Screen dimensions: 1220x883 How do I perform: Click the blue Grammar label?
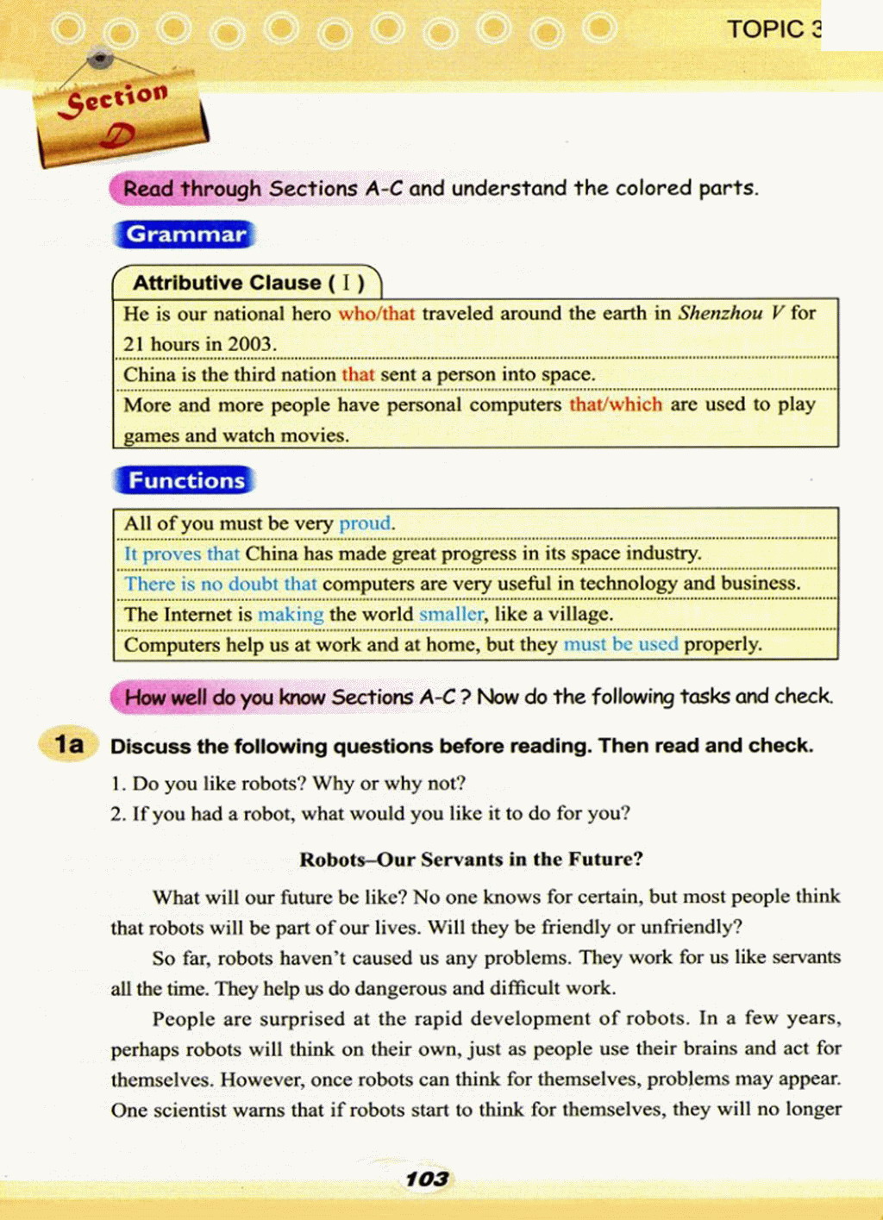click(x=185, y=235)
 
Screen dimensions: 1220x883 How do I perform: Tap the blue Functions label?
click(x=185, y=480)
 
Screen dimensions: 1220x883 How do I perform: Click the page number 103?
click(x=427, y=1179)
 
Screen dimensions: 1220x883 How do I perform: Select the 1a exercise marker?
click(x=69, y=744)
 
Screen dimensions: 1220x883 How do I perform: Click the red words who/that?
click(x=377, y=314)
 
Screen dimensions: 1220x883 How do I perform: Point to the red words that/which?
click(x=616, y=404)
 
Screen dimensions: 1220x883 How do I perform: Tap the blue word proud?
click(x=366, y=523)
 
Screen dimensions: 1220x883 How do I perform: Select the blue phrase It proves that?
click(x=182, y=554)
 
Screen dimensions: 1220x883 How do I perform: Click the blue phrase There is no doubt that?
click(x=221, y=584)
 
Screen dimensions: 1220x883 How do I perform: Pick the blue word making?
click(x=291, y=614)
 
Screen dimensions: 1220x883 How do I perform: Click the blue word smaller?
click(x=452, y=614)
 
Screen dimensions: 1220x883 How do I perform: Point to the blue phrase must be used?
click(x=621, y=644)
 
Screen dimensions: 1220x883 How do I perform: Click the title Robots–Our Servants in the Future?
click(x=471, y=859)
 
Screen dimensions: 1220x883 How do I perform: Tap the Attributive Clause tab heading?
click(x=248, y=283)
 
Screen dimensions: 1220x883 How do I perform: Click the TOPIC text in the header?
click(x=767, y=29)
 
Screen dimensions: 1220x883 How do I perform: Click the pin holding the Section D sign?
click(x=102, y=59)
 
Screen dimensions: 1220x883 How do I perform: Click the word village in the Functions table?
click(x=580, y=614)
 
